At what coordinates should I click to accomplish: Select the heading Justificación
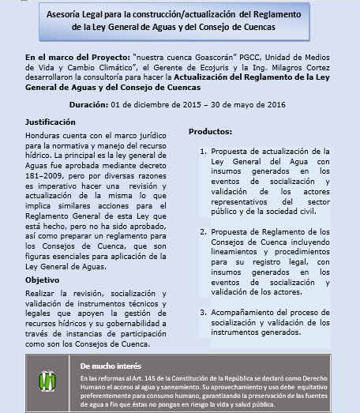tap(51, 122)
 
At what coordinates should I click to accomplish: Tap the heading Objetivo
tap(42, 280)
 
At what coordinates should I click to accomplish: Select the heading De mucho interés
tap(111, 367)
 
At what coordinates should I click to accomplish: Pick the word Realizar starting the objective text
tap(40, 294)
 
